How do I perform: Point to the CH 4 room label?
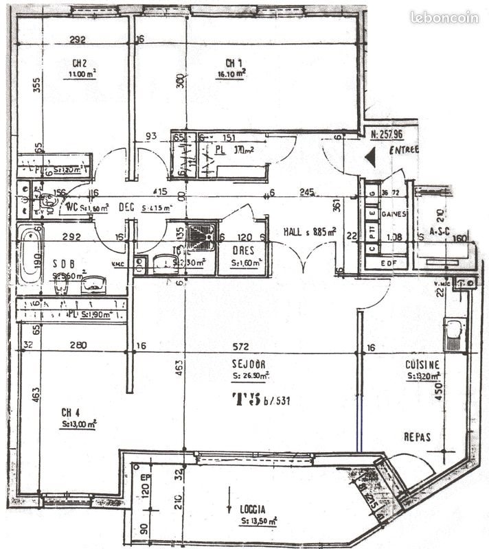point(71,412)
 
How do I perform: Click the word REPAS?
point(417,436)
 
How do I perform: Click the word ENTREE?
point(402,151)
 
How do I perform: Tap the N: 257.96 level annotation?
point(388,135)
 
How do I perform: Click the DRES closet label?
point(244,250)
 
